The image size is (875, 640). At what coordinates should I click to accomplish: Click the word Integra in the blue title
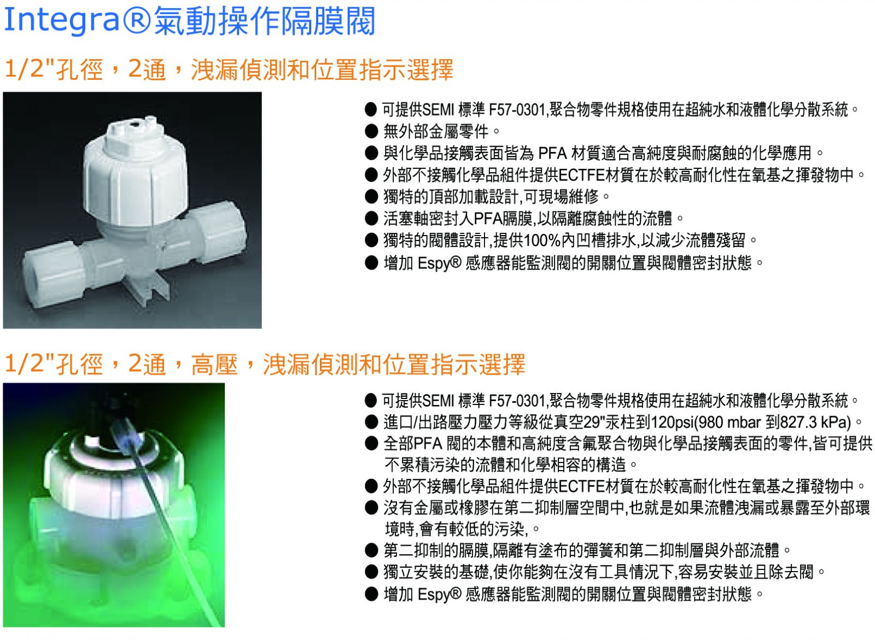pyautogui.click(x=61, y=20)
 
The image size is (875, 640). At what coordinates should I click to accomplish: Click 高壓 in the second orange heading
pyautogui.click(x=214, y=365)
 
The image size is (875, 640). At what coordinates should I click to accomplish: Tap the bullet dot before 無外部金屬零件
pyautogui.click(x=371, y=132)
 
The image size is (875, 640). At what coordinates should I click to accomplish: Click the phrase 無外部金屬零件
pyautogui.click(x=435, y=132)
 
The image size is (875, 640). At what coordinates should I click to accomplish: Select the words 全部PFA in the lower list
pyautogui.click(x=412, y=444)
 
